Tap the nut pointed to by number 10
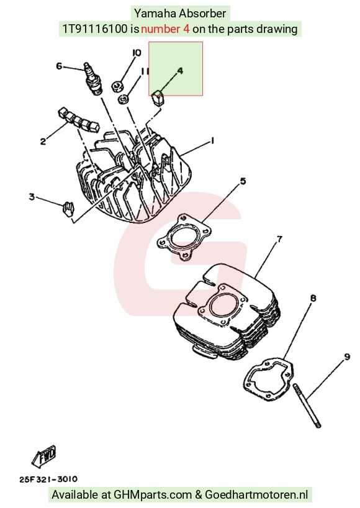click(x=117, y=86)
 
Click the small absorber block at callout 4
click(x=158, y=98)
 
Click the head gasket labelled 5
click(x=184, y=237)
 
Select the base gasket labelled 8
click(x=268, y=378)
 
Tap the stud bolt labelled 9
click(x=307, y=406)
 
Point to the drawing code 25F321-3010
click(x=48, y=479)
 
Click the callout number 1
click(x=213, y=140)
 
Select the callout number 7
click(x=280, y=239)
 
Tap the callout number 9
click(x=347, y=357)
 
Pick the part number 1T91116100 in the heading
click(x=95, y=29)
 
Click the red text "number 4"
click(x=165, y=29)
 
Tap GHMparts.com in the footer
click(x=153, y=495)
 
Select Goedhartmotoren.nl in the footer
click(x=256, y=495)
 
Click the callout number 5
click(x=243, y=181)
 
